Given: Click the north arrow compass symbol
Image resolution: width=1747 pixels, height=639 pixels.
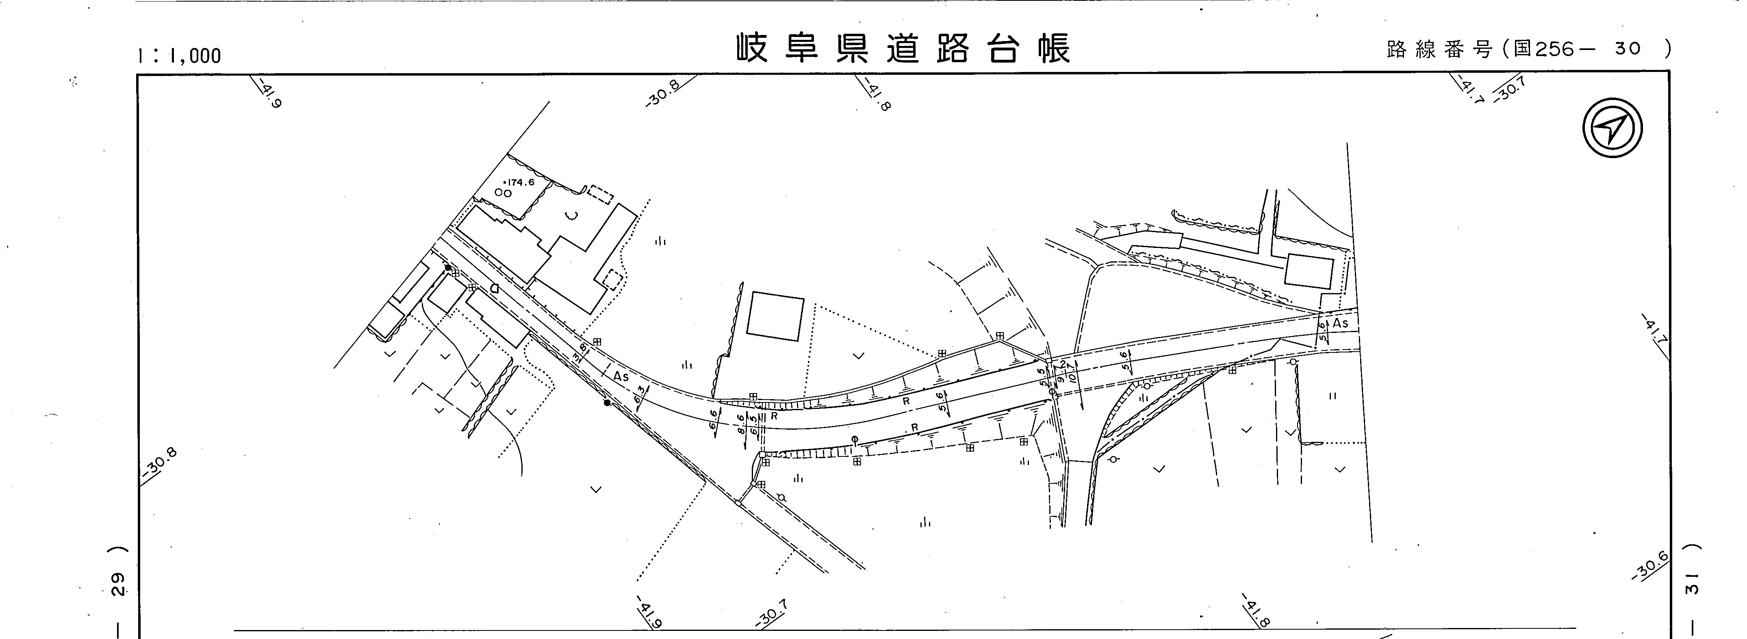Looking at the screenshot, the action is pos(1613,128).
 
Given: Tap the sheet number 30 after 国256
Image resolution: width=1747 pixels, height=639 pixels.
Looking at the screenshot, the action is pos(1627,49).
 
